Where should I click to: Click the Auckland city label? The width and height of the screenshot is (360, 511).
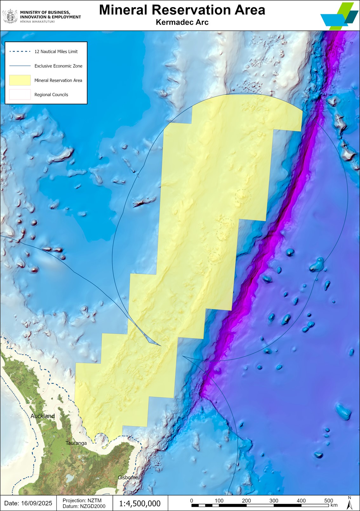point(43,416)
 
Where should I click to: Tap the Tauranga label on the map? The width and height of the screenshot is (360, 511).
point(76,443)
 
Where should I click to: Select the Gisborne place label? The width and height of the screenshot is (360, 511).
point(128,477)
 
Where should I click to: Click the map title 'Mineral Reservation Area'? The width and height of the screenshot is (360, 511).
point(182,10)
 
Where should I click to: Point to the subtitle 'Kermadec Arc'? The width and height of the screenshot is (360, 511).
point(182,22)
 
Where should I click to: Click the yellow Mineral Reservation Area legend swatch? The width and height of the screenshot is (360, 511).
point(20,80)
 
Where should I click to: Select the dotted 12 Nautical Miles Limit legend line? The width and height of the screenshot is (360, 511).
point(20,51)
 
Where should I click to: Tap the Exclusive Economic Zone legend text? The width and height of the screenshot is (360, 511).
point(58,66)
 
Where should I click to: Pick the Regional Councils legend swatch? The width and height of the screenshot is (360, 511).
point(20,95)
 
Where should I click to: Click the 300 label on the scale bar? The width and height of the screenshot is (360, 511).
point(274,501)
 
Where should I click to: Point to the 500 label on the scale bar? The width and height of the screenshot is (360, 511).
point(329,501)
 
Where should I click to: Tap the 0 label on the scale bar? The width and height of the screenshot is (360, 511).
point(191,501)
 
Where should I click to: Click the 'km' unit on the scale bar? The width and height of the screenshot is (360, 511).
point(334,505)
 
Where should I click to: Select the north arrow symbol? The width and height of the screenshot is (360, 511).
point(349,503)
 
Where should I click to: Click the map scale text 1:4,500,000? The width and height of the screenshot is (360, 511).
point(140,503)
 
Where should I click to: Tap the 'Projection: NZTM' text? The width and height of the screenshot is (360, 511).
point(82,501)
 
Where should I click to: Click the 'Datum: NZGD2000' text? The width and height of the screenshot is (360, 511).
point(84,506)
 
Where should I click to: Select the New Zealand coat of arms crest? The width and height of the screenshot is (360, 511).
point(10,16)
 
